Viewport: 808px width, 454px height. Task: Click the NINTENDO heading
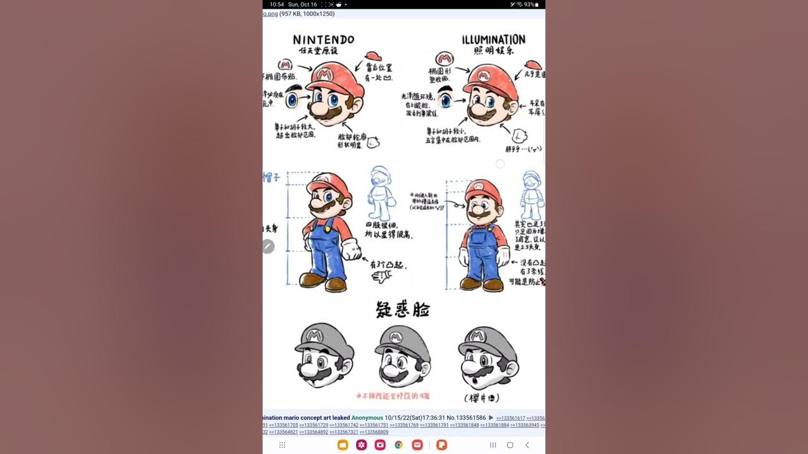point(323,40)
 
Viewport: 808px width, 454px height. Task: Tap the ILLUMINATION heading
point(494,40)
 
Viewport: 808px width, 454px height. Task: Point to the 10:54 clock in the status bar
point(276,4)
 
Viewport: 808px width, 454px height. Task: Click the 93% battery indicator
point(529,4)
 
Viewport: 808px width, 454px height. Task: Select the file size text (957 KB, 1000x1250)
point(307,14)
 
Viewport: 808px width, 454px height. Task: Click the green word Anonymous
point(367,417)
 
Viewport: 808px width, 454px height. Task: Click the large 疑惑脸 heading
point(403,310)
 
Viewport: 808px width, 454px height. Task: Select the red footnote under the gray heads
point(393,396)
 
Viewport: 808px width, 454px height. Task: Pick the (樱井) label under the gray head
point(481,398)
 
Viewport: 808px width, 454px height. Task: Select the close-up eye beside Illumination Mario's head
point(446,99)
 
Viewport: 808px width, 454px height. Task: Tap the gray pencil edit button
point(268,247)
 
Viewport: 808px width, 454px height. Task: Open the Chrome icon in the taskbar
point(399,445)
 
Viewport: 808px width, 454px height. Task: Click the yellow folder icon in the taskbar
point(343,445)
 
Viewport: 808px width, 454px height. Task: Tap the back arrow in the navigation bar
point(528,445)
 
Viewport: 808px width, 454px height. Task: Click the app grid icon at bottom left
point(282,445)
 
